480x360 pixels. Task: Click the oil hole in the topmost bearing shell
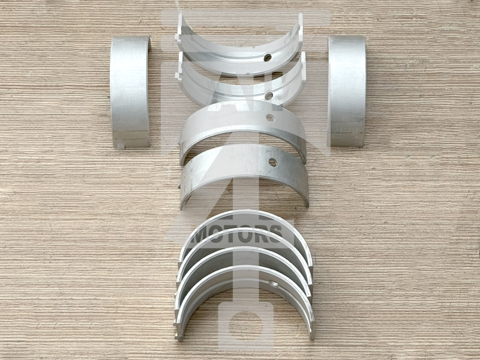pyautogui.click(x=268, y=57)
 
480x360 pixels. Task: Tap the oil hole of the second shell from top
pyautogui.click(x=269, y=96)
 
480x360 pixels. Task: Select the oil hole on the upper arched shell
pyautogui.click(x=270, y=118)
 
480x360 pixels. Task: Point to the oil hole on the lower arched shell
pyautogui.click(x=273, y=163)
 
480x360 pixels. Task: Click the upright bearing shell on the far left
pyautogui.click(x=130, y=92)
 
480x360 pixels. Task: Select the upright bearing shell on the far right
pyautogui.click(x=347, y=91)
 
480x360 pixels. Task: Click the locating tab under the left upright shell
pyautogui.click(x=121, y=146)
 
